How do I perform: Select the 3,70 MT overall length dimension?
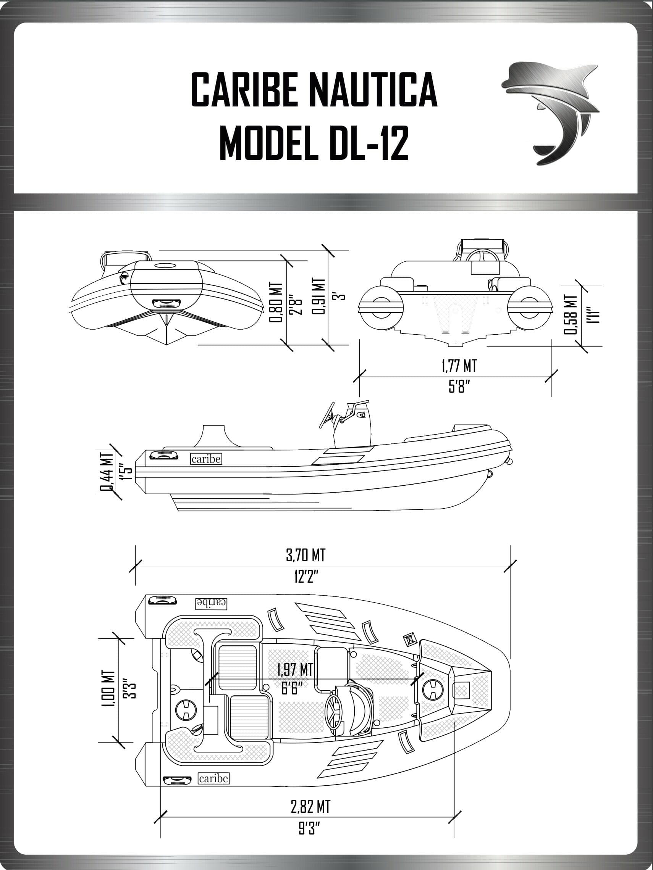(305, 555)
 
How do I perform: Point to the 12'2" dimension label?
(305, 577)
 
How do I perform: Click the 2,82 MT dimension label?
(310, 806)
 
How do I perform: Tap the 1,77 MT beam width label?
(459, 366)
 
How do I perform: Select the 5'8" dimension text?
(459, 387)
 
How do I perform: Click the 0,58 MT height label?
(571, 315)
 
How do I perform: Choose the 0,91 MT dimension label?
(319, 296)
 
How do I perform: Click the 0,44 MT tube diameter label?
(106, 472)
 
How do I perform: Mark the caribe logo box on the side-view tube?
(206, 459)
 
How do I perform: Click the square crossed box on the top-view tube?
(409, 640)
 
